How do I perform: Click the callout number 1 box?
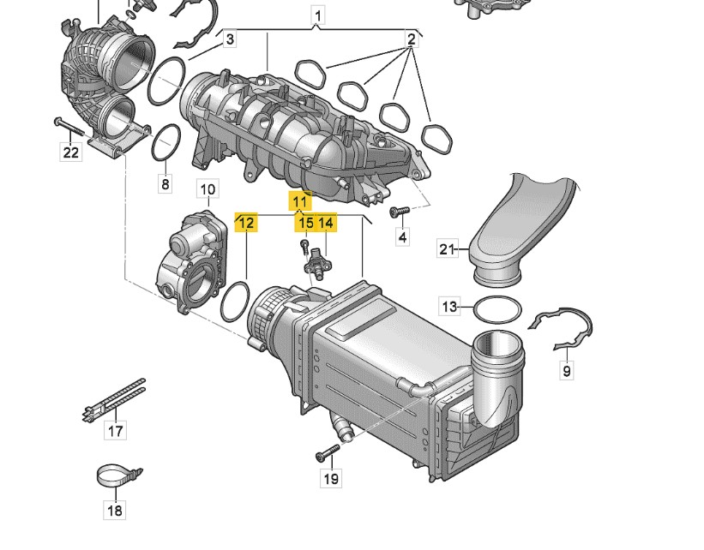(x=318, y=16)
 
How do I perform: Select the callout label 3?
(x=230, y=39)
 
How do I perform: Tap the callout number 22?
(x=71, y=152)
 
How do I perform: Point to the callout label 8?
(x=165, y=183)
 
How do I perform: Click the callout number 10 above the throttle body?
(x=208, y=189)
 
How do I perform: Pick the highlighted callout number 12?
(x=246, y=222)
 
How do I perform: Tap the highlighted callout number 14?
(x=327, y=222)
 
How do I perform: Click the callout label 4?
(x=403, y=236)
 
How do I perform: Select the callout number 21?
(x=448, y=248)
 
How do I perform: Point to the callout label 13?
(x=449, y=307)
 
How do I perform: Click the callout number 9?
(x=567, y=371)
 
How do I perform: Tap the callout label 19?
(x=331, y=479)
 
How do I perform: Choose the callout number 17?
(x=116, y=431)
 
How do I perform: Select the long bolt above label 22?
(x=69, y=127)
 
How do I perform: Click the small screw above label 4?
(x=399, y=211)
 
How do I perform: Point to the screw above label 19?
(x=328, y=451)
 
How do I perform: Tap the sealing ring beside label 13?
(x=498, y=309)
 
